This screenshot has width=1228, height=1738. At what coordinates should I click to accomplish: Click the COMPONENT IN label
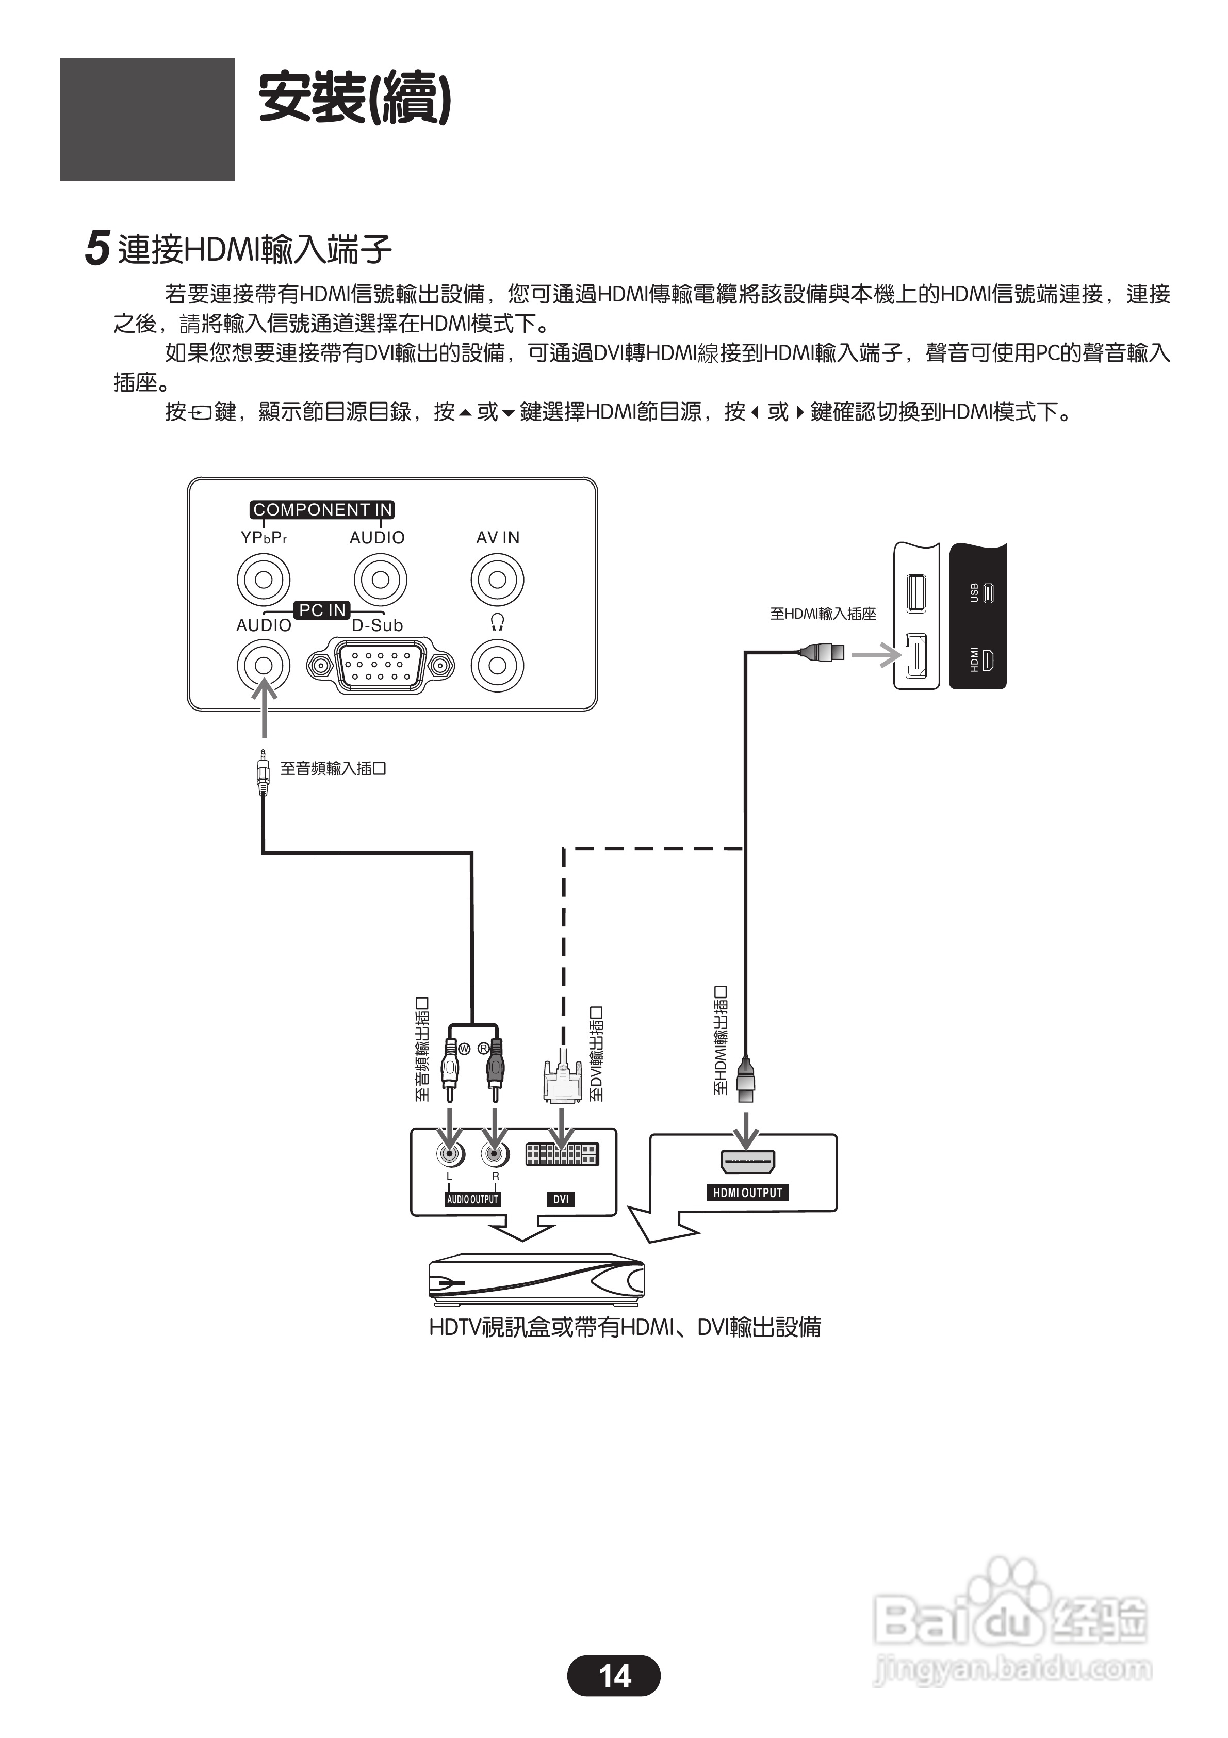(x=322, y=509)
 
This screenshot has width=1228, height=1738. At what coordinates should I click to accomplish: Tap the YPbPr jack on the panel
(x=264, y=580)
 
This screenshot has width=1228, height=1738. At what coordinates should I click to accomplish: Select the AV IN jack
(x=497, y=580)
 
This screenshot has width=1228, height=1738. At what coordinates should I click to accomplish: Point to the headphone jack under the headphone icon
(x=497, y=665)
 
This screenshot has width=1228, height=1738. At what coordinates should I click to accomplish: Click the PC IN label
(x=322, y=610)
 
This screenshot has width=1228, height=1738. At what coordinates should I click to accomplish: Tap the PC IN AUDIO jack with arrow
(x=264, y=665)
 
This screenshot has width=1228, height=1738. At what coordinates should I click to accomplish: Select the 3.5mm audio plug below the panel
(x=263, y=773)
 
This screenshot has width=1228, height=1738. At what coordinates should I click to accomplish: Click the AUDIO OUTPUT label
(x=472, y=1199)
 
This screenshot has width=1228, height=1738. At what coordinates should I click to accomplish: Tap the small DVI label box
(x=561, y=1199)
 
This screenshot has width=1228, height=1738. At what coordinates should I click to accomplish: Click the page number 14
(x=614, y=1677)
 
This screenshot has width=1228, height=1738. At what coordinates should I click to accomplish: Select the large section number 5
(x=97, y=248)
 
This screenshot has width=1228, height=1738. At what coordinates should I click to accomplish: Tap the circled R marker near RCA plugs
(x=483, y=1049)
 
